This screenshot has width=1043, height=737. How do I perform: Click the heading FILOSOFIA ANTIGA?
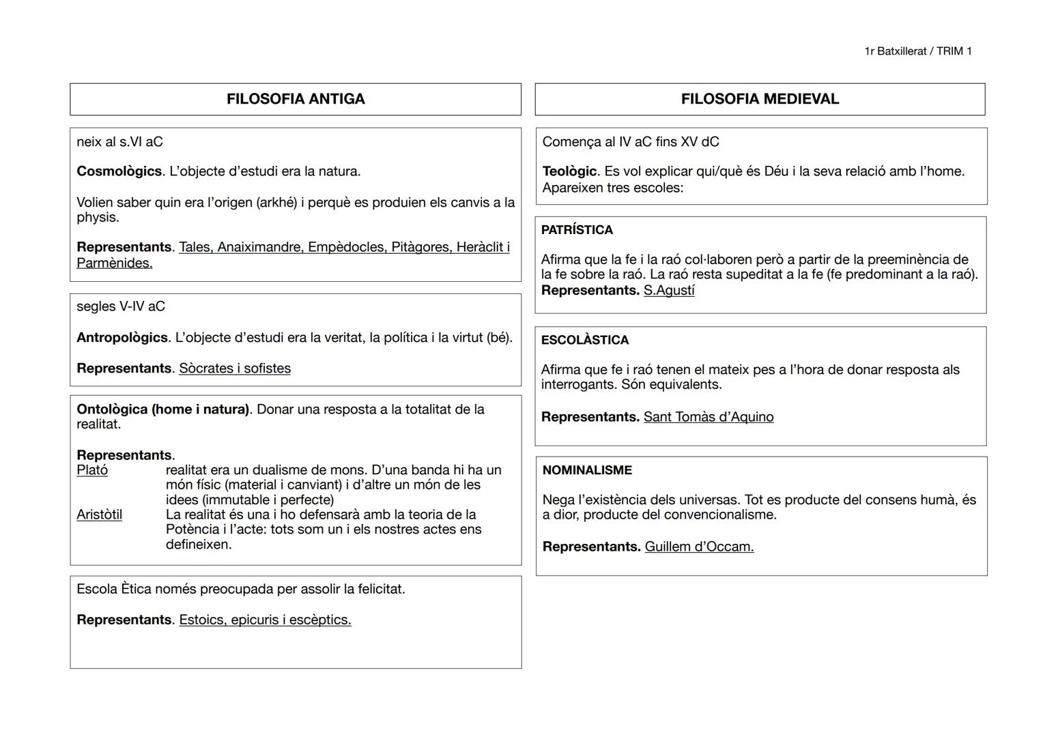pos(296,99)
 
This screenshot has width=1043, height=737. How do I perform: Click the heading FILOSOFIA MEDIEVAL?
pos(760,99)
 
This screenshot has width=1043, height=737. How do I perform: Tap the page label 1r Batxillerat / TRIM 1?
pos(917,51)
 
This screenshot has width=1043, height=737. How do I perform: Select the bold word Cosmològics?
pos(119,171)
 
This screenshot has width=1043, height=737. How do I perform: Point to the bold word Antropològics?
pos(122,338)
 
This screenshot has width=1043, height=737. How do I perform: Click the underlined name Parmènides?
pos(114,263)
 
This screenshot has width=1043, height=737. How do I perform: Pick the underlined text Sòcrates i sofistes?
pos(235,369)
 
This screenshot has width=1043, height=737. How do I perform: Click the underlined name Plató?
pos(92,470)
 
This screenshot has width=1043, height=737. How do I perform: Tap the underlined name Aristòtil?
pos(99,515)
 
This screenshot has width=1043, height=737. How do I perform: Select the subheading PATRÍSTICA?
pos(577,230)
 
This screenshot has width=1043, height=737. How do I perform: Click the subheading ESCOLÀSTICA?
pos(585,340)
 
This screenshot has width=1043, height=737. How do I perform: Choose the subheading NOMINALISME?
pos(587,470)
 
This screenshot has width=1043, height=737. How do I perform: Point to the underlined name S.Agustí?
pos(669,291)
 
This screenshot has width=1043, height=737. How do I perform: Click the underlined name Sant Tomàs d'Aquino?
pos(709,417)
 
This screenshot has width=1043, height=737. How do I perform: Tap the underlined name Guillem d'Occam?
pos(699,547)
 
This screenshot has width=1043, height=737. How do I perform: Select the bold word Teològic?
pos(570,171)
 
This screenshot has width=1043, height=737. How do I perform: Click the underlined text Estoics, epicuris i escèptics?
pos(265,620)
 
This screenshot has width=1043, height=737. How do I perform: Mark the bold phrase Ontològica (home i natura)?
pos(163,409)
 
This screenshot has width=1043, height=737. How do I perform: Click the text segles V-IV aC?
pos(121,306)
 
